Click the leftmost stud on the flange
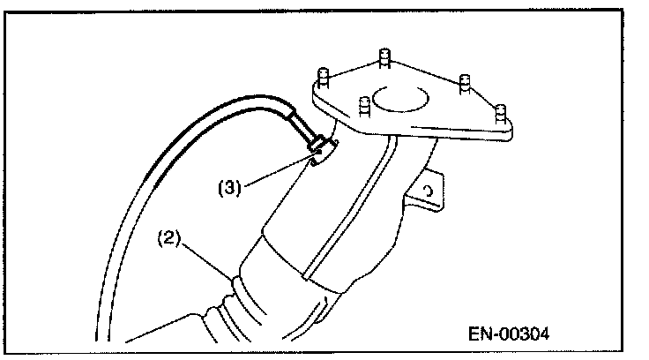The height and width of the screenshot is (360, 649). [324, 79]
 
